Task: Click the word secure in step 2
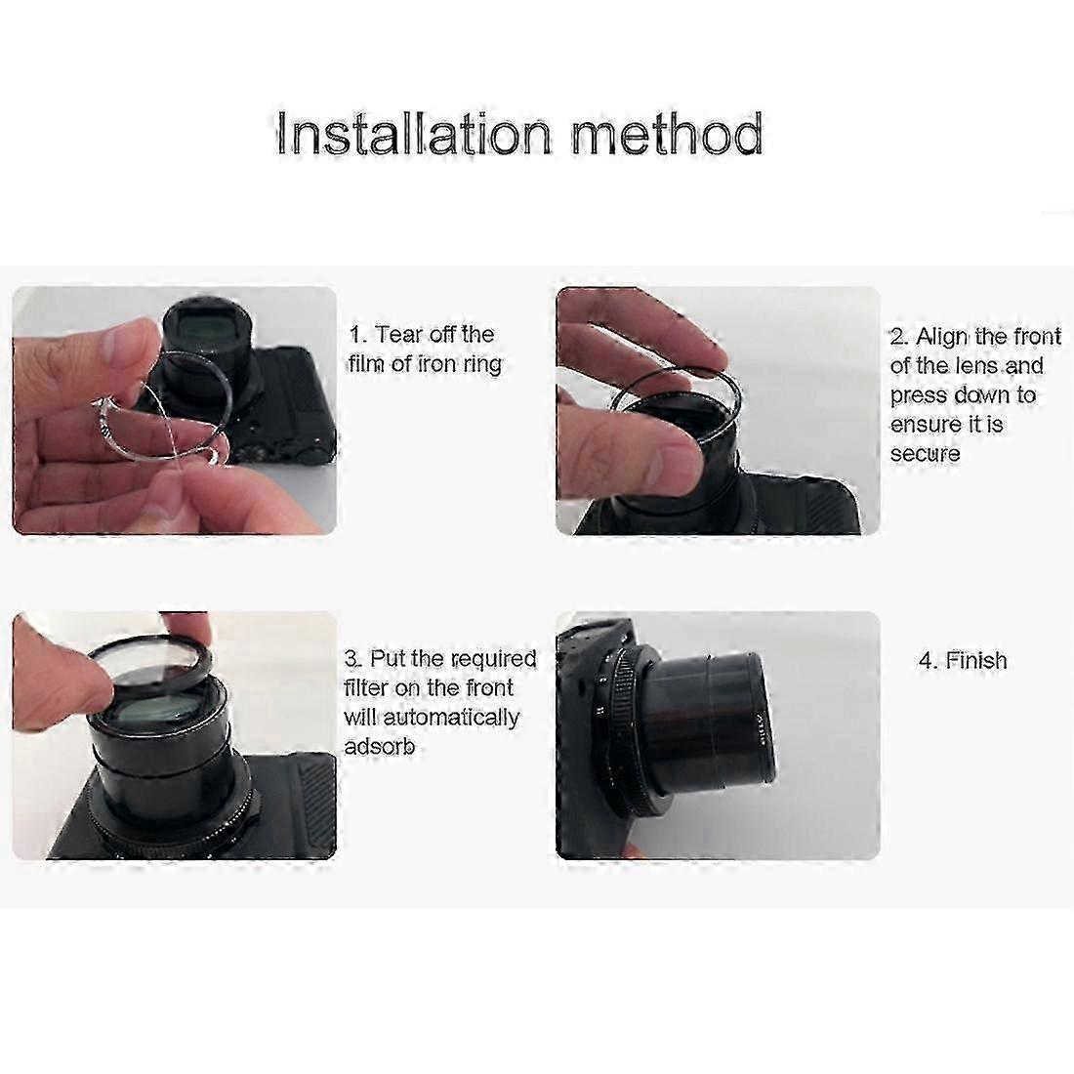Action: click(x=925, y=453)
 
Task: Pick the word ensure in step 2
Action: click(x=926, y=425)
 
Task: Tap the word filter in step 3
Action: click(x=366, y=687)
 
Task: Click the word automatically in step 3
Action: click(x=451, y=718)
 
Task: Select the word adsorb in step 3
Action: click(x=380, y=745)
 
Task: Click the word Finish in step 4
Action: click(x=976, y=660)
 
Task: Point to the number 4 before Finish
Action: click(x=927, y=661)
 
